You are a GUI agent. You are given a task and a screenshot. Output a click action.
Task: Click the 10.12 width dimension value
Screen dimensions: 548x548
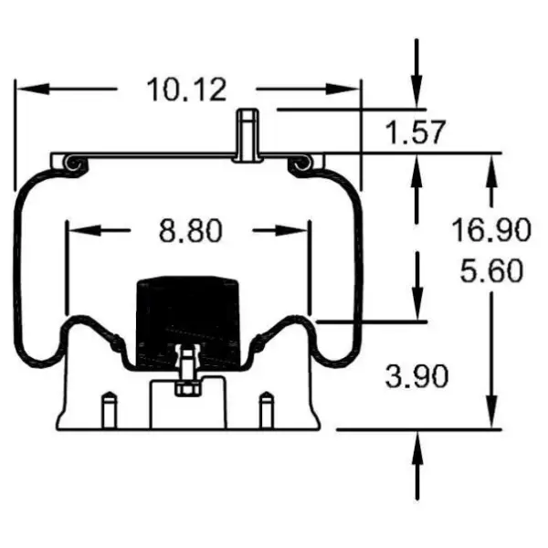tap(186, 90)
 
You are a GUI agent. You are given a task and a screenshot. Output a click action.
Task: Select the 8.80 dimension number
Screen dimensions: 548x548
tap(191, 231)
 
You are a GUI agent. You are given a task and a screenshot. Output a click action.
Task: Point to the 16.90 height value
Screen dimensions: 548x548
tap(490, 230)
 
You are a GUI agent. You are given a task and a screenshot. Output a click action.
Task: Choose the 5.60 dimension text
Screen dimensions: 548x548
tap(490, 271)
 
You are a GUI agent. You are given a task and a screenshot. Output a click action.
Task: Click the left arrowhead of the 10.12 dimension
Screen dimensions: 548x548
tap(27, 90)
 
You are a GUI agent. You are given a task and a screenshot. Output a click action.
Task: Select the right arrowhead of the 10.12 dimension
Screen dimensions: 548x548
tap(348, 90)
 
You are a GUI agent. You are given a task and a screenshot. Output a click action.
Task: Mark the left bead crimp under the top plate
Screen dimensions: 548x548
tap(74, 163)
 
